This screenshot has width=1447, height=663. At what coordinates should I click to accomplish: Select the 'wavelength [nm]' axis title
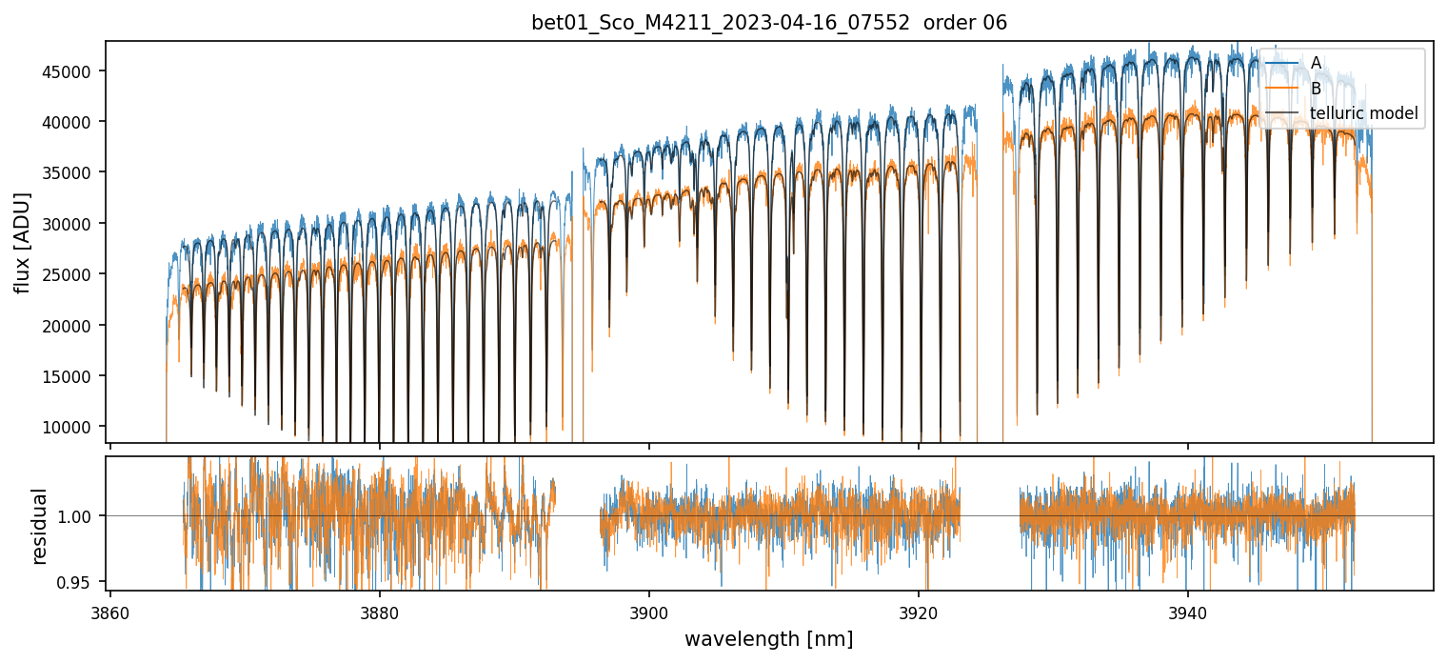point(768,638)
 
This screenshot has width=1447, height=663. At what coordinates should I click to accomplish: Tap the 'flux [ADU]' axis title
point(22,242)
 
